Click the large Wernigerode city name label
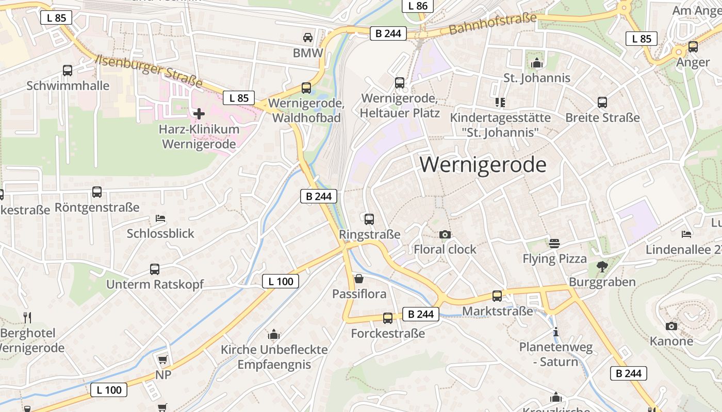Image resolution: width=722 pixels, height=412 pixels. [x=483, y=165]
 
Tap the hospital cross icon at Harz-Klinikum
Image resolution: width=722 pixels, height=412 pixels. [x=199, y=113]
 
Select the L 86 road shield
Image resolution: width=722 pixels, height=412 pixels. [x=418, y=6]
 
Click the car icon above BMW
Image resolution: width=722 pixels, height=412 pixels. [x=308, y=38]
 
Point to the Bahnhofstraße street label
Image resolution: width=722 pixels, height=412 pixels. [x=493, y=24]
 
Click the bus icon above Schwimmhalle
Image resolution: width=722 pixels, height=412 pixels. [x=68, y=71]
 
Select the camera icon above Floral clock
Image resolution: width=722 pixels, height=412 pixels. [x=445, y=235]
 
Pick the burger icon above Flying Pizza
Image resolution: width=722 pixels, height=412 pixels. [x=554, y=243]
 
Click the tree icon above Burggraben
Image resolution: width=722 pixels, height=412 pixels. [x=602, y=266]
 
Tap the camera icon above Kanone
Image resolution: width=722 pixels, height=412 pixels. [x=671, y=326]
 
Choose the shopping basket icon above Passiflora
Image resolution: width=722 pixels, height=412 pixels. [x=359, y=279]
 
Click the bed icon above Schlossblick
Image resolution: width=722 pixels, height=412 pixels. [x=160, y=218]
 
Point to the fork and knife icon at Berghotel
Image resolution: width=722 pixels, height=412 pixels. [x=27, y=317]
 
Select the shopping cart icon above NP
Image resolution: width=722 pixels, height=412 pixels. [x=163, y=359]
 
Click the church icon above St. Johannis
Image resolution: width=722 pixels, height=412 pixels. [x=537, y=63]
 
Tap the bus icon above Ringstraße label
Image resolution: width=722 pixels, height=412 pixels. [x=369, y=219]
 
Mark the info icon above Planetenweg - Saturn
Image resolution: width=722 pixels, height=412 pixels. [x=555, y=332]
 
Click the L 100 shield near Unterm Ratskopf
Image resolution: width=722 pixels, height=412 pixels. [x=281, y=281]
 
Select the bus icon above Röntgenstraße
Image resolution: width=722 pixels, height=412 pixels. [x=97, y=192]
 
